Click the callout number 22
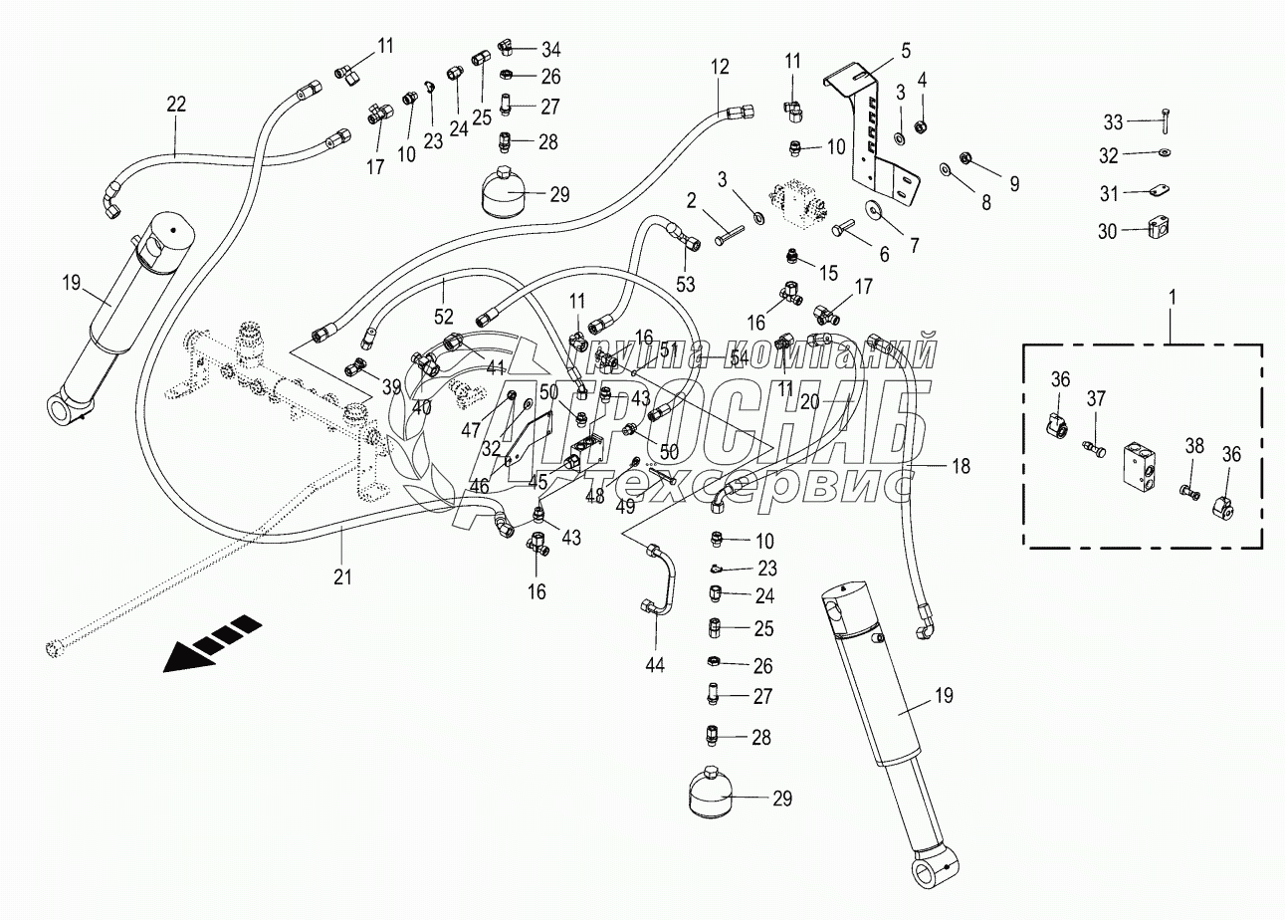click(x=177, y=105)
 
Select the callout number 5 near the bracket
click(x=906, y=51)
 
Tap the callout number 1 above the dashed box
click(x=1173, y=298)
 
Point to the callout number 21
click(x=342, y=576)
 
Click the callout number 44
click(x=655, y=666)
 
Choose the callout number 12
click(x=720, y=67)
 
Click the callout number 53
click(x=685, y=284)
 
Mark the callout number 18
click(x=962, y=466)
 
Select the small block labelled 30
click(x=1160, y=228)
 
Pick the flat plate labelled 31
click(x=1160, y=190)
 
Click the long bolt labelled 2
click(x=730, y=236)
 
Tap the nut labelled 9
click(x=964, y=156)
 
